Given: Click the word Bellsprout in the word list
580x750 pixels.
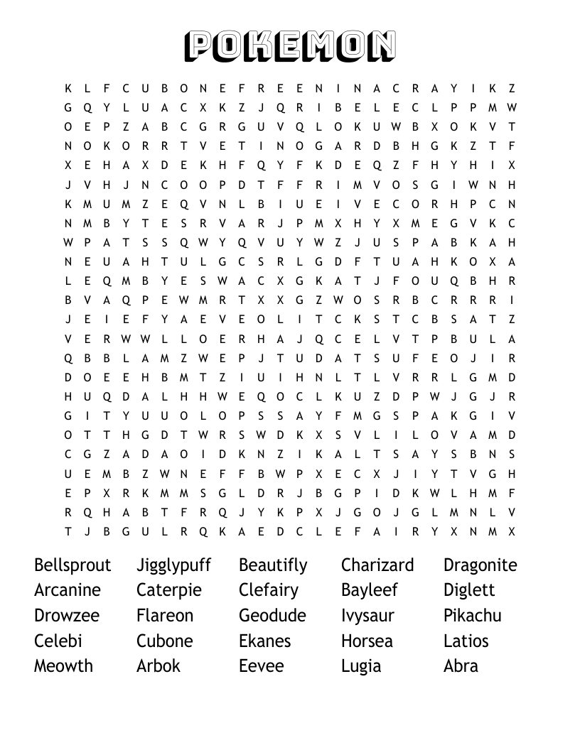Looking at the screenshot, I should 72,565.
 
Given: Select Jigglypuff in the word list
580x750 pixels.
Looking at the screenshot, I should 173,565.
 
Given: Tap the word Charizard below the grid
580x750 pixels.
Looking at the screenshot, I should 377,565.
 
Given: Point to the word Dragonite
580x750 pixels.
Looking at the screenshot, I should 480,565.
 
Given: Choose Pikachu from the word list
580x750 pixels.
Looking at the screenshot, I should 472,616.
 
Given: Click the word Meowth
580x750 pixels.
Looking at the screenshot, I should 63,666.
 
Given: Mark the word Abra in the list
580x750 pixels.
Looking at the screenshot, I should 461,666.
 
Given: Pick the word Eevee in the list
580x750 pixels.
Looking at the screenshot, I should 261,666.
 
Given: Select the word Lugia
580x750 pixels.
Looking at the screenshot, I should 361,666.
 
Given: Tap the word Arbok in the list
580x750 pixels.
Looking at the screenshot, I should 158,666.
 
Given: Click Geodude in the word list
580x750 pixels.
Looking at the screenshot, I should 272,616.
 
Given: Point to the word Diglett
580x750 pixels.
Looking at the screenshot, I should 469,590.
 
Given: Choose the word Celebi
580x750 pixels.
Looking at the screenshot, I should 58,641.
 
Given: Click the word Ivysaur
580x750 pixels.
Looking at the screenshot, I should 367,616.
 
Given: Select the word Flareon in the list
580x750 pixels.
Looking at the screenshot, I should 165,616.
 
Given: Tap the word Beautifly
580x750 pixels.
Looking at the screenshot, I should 273,565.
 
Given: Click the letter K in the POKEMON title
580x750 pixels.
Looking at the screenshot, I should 258,46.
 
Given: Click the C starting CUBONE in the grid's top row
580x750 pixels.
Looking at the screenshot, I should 126,89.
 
